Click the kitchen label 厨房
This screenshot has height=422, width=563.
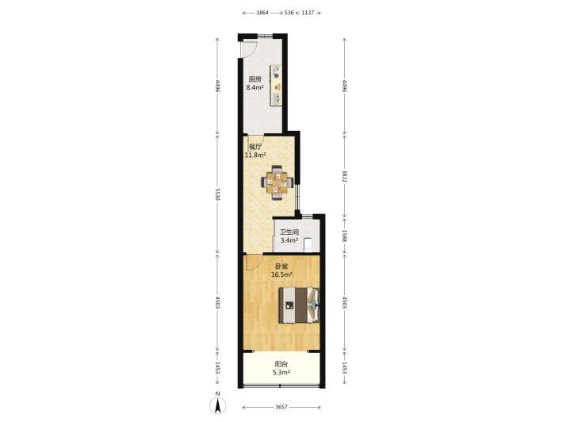tap(255, 79)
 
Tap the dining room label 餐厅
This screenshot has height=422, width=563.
tap(255, 147)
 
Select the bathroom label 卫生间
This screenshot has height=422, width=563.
tap(289, 232)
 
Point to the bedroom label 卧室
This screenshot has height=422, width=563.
tap(281, 267)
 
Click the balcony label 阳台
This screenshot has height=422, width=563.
tap(281, 364)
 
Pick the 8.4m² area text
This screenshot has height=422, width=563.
tap(255, 87)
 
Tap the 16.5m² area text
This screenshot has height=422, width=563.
tap(281, 275)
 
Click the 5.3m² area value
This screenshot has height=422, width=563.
tap(281, 373)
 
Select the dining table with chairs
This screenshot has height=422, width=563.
tap(277, 182)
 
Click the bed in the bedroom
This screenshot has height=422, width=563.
tap(299, 305)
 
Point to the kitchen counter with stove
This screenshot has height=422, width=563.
tap(276, 85)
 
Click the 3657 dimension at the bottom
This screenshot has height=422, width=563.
tap(281, 407)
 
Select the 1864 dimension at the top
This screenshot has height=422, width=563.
tap(262, 13)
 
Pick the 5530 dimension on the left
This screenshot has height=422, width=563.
tap(217, 194)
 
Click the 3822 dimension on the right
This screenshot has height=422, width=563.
tap(344, 176)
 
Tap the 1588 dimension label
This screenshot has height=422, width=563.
tap(344, 236)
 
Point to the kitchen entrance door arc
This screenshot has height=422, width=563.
tap(251, 50)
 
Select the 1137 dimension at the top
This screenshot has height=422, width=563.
tap(308, 13)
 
